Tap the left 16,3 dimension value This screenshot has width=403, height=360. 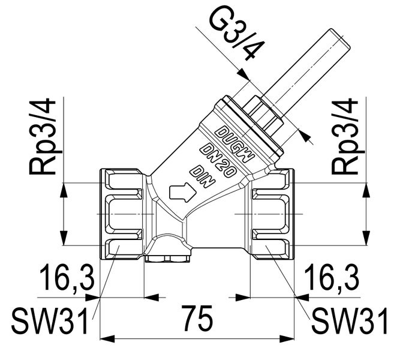tap(67, 278)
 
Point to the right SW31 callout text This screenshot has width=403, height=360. tap(351, 322)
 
